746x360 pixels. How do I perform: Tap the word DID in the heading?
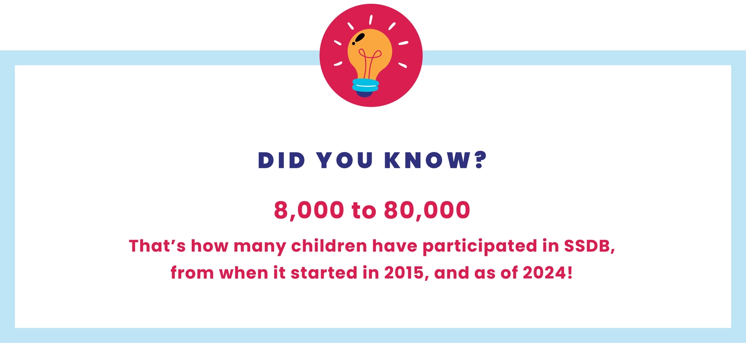tap(282, 160)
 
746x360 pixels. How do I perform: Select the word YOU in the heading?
tap(345, 160)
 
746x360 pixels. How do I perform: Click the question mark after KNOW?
tap(481, 160)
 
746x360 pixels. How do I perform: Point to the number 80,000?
tap(427, 210)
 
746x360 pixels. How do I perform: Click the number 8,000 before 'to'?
tap(309, 210)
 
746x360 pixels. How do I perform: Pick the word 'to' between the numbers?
tap(364, 211)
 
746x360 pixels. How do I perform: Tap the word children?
tap(329, 246)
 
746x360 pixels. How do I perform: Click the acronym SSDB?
tap(589, 246)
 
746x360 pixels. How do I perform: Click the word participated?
tap(480, 246)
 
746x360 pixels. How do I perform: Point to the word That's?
tap(157, 246)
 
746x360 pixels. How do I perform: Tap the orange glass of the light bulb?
tap(370, 53)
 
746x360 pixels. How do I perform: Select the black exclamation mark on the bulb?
tap(359, 39)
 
